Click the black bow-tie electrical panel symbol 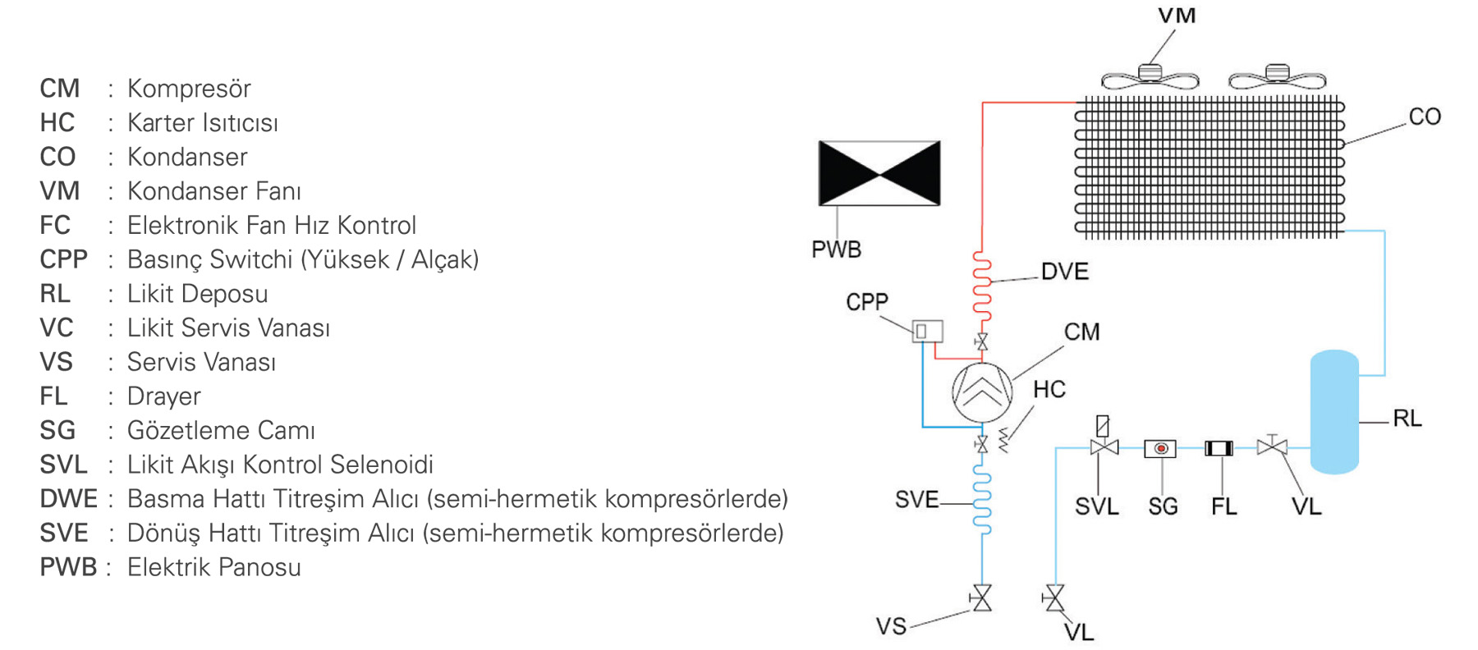click(879, 173)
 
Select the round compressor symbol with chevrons click(982, 392)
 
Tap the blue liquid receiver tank click(1334, 412)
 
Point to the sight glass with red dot click(1160, 448)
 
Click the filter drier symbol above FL click(1219, 448)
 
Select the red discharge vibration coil click(982, 282)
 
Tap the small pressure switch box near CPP click(927, 332)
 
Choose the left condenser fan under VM click(1150, 77)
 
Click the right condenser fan click(1277, 77)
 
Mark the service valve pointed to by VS click(981, 598)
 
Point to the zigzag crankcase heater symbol click(1003, 440)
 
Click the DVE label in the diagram click(1064, 272)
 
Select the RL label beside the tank click(1407, 419)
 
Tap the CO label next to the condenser click(1425, 117)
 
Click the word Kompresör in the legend click(189, 89)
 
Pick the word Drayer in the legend click(163, 396)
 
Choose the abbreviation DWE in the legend click(68, 499)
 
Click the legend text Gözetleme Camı click(221, 431)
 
